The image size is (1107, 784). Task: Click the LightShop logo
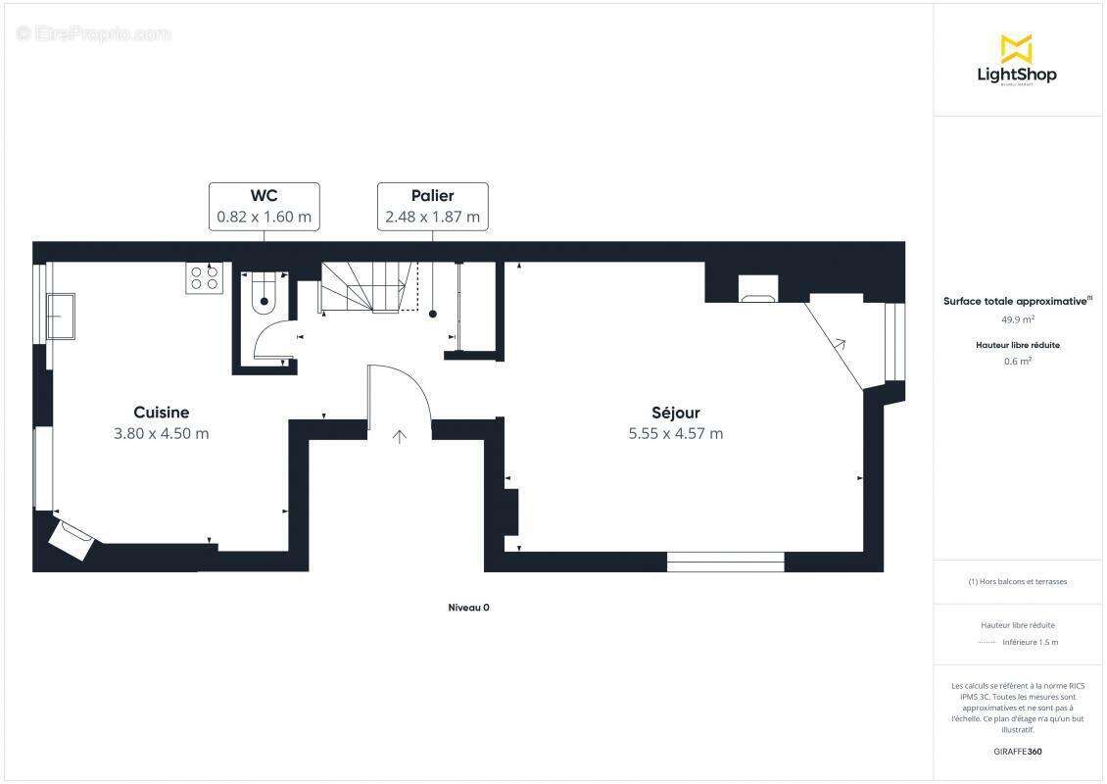[1017, 61]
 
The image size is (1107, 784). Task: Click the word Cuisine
[162, 413]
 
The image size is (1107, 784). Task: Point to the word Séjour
[676, 413]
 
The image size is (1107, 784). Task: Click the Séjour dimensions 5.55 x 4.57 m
[676, 433]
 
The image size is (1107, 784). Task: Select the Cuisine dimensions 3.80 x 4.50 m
[162, 433]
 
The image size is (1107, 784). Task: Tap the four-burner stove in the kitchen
[204, 277]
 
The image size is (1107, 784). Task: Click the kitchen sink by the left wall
[61, 316]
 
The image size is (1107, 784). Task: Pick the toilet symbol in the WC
[265, 295]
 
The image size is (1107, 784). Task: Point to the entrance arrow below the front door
[400, 436]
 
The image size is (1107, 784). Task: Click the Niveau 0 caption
[468, 608]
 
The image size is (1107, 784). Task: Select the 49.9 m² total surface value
[1017, 318]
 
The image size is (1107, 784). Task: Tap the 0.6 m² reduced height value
[1017, 361]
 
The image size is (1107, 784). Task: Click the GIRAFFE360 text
[1017, 752]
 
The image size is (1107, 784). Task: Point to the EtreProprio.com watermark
[94, 34]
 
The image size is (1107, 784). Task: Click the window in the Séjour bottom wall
[726, 562]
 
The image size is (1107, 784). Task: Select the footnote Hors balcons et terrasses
[1018, 581]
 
